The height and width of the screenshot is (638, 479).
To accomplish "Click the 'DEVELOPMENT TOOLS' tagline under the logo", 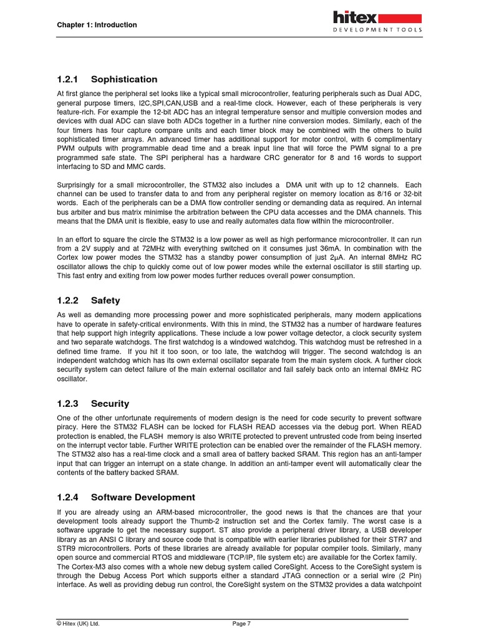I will (377, 29).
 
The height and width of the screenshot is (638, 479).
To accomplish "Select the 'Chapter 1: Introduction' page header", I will (97, 25).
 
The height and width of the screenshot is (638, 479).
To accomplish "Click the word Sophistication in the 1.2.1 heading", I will (124, 79).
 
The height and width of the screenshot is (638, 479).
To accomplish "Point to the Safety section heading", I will (105, 300).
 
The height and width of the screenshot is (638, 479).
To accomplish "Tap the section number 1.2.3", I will (66, 404).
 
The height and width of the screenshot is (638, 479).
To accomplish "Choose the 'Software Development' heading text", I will (143, 497).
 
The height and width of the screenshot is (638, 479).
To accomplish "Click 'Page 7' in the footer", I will (241, 623).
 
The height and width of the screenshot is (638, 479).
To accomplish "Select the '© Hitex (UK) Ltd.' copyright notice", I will (78, 623).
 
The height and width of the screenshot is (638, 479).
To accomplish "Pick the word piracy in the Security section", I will (66, 427).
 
